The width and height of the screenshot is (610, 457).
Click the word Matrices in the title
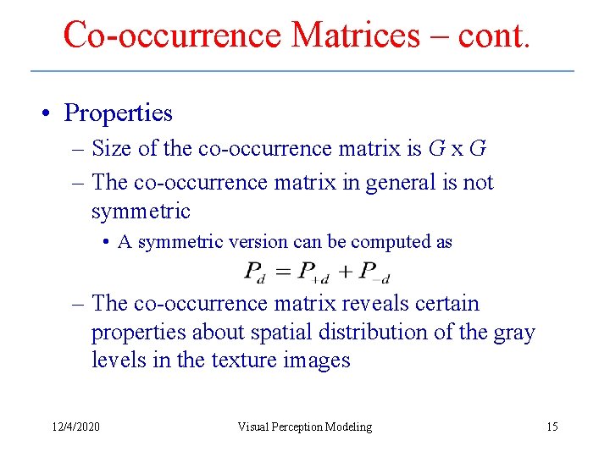pyautogui.click(x=355, y=35)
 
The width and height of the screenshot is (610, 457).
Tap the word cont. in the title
pyautogui.click(x=494, y=35)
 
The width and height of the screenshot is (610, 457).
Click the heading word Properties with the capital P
pyautogui.click(x=119, y=113)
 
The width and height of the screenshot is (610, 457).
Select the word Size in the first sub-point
pyautogui.click(x=113, y=148)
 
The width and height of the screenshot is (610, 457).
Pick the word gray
pyautogui.click(x=514, y=333)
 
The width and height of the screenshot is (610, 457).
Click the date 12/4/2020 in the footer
pyautogui.click(x=75, y=427)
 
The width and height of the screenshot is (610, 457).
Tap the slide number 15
pyautogui.click(x=552, y=427)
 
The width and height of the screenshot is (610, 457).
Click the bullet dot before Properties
pyautogui.click(x=53, y=113)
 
